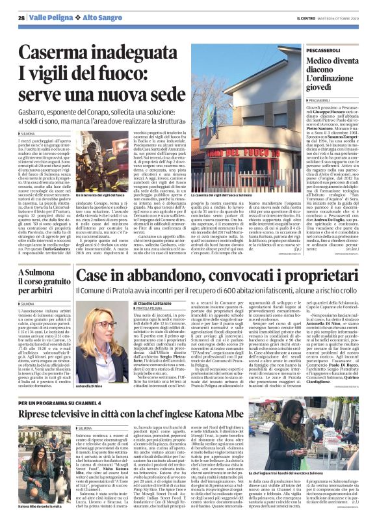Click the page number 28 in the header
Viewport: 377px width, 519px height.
(21, 18)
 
